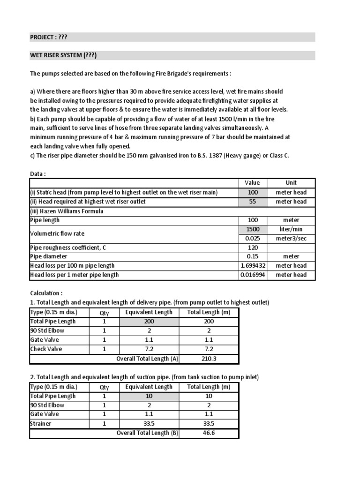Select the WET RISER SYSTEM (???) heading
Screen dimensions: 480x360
[x=63, y=56]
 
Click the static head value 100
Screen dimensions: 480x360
[x=253, y=192]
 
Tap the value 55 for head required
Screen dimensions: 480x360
[x=253, y=202]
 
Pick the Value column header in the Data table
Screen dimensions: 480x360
[x=253, y=183]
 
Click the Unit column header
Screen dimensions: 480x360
[x=291, y=183]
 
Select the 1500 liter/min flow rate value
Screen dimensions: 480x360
[x=253, y=229]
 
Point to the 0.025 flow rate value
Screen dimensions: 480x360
[x=253, y=238]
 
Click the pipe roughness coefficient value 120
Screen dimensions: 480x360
[x=253, y=247]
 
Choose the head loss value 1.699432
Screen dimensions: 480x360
[x=253, y=266]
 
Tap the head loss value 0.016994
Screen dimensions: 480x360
[x=253, y=275]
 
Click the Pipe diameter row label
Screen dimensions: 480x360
[x=49, y=256]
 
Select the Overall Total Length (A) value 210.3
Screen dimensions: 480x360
[x=209, y=359]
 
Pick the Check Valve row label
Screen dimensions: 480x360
[x=46, y=349]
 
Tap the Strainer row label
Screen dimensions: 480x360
[x=41, y=424]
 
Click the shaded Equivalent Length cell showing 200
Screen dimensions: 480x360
[x=149, y=322]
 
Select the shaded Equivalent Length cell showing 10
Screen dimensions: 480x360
[x=149, y=396]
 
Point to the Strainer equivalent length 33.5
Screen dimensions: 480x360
[x=149, y=424]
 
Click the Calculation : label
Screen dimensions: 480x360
[x=46, y=293]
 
